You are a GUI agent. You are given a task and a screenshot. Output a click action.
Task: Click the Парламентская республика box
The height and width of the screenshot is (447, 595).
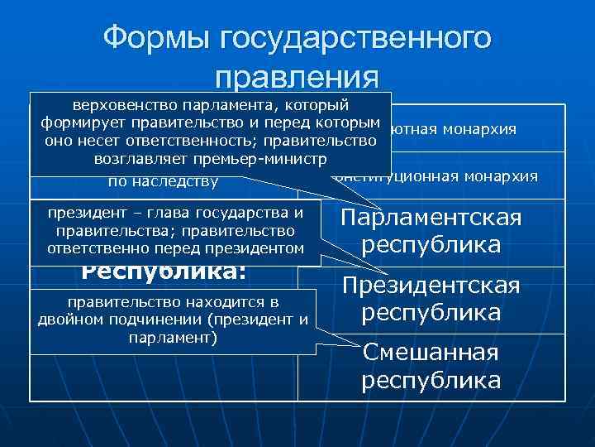pos(431,232)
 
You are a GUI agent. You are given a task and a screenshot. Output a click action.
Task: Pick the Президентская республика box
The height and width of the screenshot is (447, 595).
pos(431,299)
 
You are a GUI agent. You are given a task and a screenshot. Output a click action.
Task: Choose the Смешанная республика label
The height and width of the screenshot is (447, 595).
pos(431,366)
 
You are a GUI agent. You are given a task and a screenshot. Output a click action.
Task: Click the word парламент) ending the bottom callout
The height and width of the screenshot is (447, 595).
pos(174,338)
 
